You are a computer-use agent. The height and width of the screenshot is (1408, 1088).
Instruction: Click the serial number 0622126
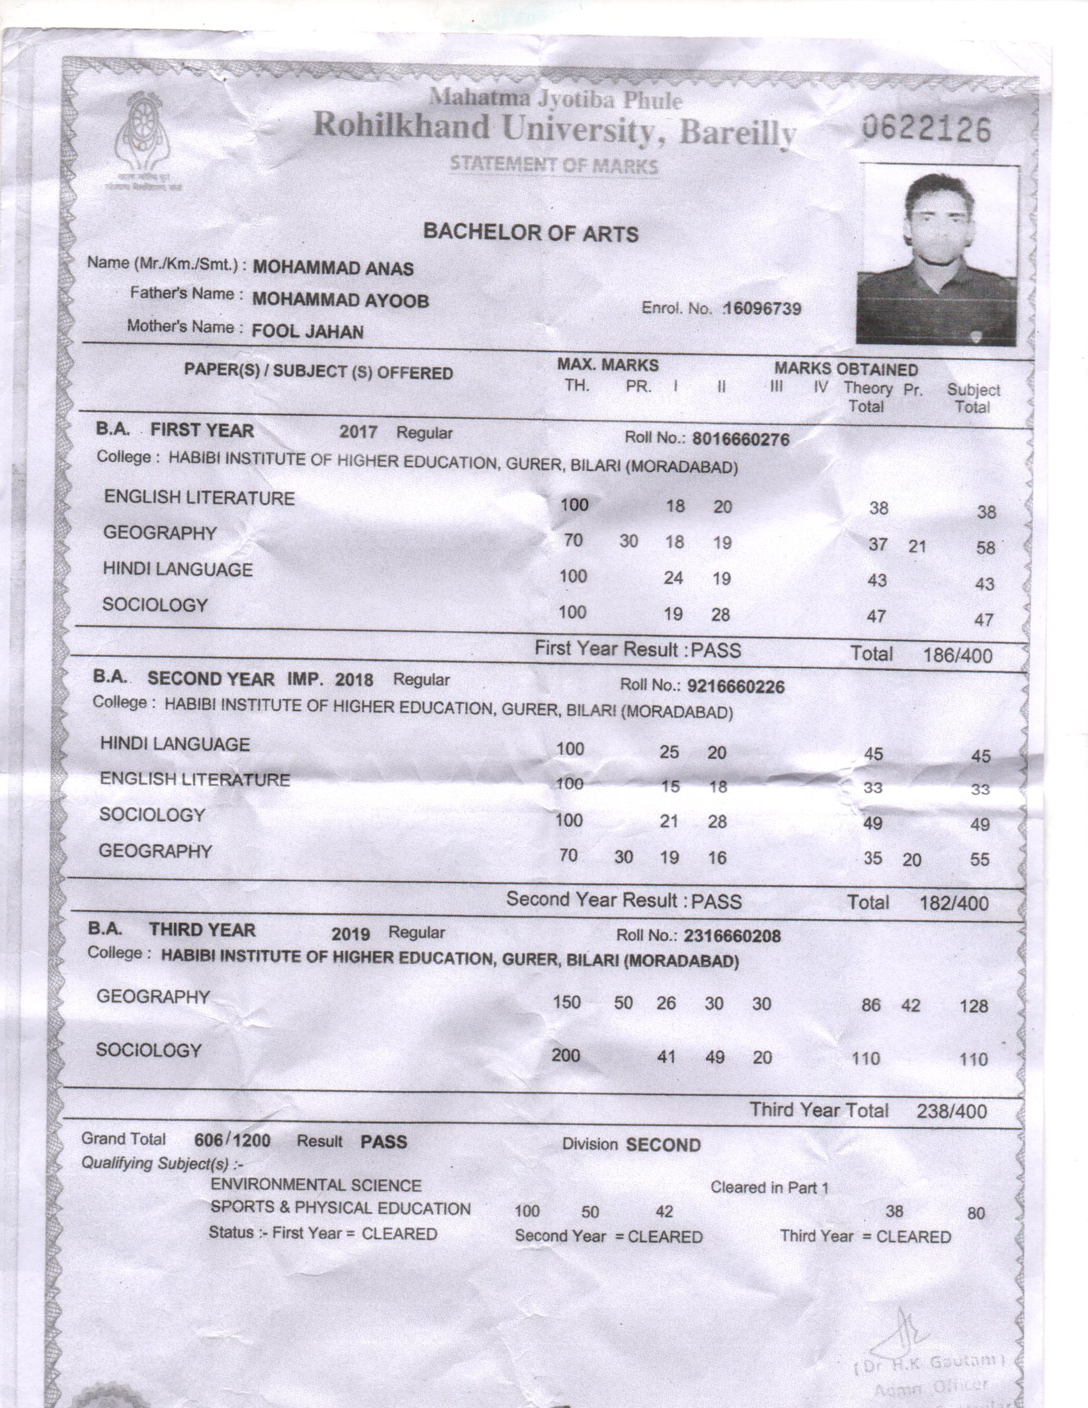click(x=925, y=130)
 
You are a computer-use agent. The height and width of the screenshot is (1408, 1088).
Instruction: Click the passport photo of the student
click(x=937, y=255)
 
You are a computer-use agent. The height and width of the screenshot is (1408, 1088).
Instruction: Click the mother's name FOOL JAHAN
click(x=307, y=332)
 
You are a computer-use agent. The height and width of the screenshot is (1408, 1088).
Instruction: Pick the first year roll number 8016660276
click(x=740, y=440)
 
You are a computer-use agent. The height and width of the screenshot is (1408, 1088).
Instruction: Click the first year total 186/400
click(x=957, y=656)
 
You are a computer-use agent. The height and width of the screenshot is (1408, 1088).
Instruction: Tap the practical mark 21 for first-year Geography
click(x=916, y=547)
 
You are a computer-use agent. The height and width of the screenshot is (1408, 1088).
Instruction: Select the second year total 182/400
click(x=954, y=903)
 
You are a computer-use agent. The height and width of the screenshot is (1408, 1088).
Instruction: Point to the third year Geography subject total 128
click(x=973, y=1005)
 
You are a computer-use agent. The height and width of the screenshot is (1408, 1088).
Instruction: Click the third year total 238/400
click(x=950, y=1111)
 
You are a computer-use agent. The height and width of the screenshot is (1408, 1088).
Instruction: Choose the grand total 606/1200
click(x=232, y=1140)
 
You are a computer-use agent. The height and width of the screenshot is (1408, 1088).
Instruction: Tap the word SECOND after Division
click(x=662, y=1145)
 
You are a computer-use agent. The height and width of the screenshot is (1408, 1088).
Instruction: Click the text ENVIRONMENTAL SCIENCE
click(x=316, y=1185)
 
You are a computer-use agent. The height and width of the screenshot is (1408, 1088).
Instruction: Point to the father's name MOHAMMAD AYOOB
click(x=340, y=300)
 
